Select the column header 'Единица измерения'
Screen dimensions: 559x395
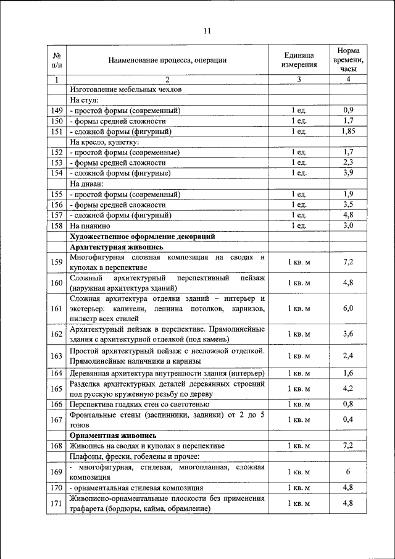click(x=299, y=59)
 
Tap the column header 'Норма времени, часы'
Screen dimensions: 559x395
click(x=348, y=59)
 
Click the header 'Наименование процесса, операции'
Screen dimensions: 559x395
click(x=167, y=60)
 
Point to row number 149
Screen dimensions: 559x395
click(x=56, y=111)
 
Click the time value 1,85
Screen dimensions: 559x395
click(x=348, y=132)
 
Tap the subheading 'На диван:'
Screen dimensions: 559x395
click(x=86, y=183)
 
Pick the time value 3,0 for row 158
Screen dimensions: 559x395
click(x=348, y=226)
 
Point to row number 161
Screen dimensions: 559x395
click(x=56, y=308)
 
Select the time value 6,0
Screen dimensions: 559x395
click(x=348, y=308)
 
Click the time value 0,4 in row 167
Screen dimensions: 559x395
click(x=348, y=420)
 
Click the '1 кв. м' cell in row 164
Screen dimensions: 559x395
click(x=299, y=373)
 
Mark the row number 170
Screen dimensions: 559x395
click(x=56, y=488)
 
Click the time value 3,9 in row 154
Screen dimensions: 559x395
click(x=348, y=173)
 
